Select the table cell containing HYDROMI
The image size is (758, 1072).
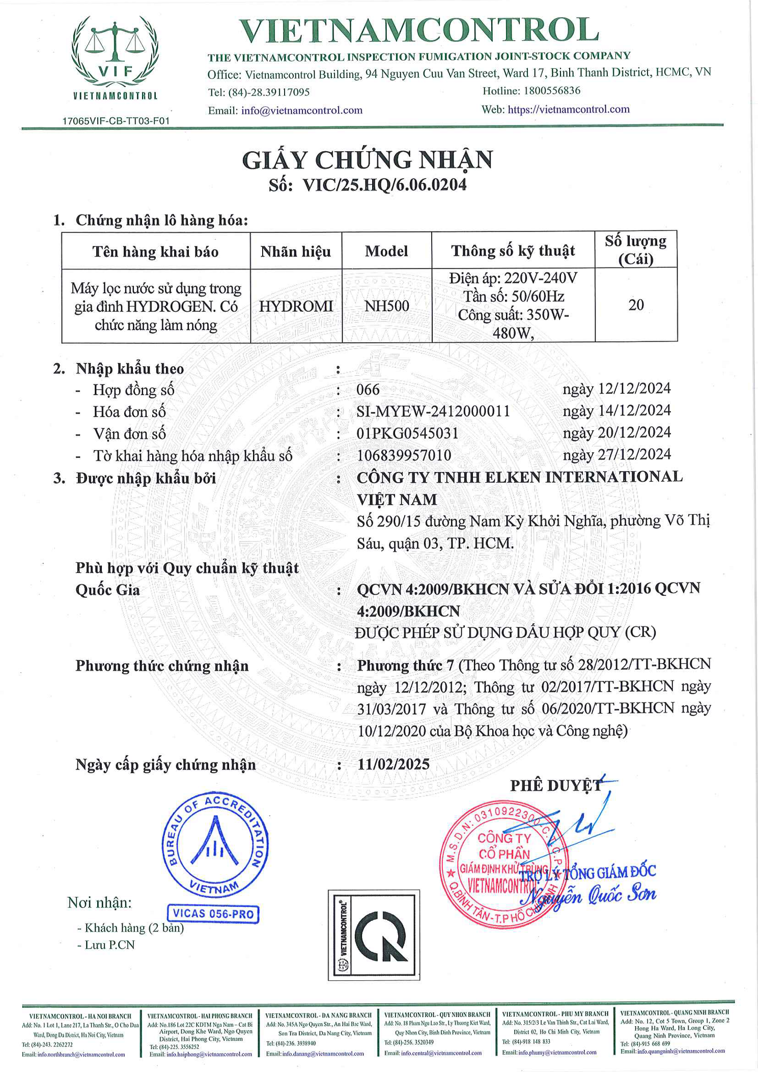pyautogui.click(x=296, y=306)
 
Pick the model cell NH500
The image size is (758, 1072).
pyautogui.click(x=386, y=306)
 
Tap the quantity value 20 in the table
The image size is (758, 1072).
pyautogui.click(x=636, y=305)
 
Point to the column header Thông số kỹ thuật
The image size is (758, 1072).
pyautogui.click(x=513, y=251)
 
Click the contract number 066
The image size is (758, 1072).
pyautogui.click(x=368, y=390)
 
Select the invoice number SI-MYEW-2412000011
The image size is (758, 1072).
pyautogui.click(x=433, y=411)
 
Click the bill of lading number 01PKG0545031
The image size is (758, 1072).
pyautogui.click(x=407, y=433)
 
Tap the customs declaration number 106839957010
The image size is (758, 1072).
pyautogui.click(x=404, y=455)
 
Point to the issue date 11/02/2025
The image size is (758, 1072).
pyautogui.click(x=394, y=764)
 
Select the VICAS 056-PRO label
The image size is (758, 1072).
pyautogui.click(x=213, y=914)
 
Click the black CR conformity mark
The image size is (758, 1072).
pyautogui.click(x=374, y=935)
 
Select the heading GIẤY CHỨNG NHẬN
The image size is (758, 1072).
pyautogui.click(x=368, y=160)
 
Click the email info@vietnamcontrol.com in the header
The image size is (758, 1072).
pyautogui.click(x=302, y=111)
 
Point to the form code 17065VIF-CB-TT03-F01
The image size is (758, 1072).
pyautogui.click(x=116, y=121)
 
